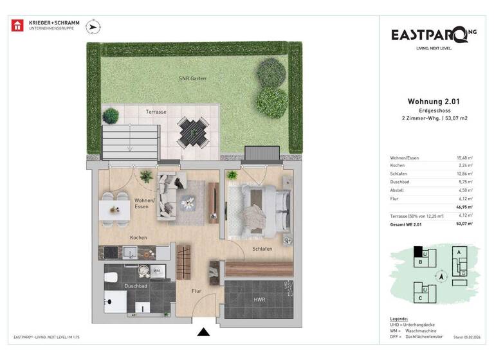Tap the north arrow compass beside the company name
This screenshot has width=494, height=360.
tap(94, 26)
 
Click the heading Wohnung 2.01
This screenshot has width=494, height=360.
tap(433, 101)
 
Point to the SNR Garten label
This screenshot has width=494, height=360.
tap(192, 78)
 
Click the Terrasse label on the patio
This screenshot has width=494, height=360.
tap(156, 111)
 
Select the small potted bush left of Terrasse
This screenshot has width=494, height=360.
tap(111, 116)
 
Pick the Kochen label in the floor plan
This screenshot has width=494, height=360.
tap(138, 237)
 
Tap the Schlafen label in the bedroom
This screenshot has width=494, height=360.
tap(262, 248)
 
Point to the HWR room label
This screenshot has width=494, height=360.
tap(259, 299)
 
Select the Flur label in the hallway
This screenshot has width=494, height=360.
tap(196, 291)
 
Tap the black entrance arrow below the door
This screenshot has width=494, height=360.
tap(204, 332)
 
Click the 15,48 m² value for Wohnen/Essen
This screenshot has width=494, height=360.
tap(464, 157)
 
